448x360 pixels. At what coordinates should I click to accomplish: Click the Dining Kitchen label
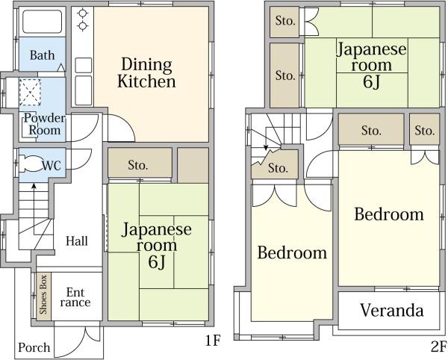(146, 72)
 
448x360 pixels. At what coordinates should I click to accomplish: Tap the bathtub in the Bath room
(42, 22)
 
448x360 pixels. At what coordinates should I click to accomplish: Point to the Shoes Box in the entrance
(44, 296)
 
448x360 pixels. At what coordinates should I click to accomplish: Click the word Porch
(34, 347)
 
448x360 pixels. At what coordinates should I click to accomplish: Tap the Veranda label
(392, 310)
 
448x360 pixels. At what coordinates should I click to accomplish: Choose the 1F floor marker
(213, 341)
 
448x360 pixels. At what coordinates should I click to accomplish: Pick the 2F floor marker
(438, 347)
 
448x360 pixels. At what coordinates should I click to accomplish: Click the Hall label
(77, 240)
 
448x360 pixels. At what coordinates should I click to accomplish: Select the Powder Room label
(44, 124)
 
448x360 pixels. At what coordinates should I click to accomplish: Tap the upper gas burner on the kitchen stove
(83, 13)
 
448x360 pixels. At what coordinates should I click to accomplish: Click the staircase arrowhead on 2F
(266, 148)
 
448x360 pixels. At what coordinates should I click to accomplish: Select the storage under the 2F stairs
(275, 165)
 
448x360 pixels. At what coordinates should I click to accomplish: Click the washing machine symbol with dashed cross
(30, 93)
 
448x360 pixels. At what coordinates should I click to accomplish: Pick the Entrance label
(75, 297)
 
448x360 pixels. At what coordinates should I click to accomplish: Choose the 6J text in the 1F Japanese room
(157, 261)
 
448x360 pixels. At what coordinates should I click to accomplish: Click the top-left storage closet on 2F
(284, 22)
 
